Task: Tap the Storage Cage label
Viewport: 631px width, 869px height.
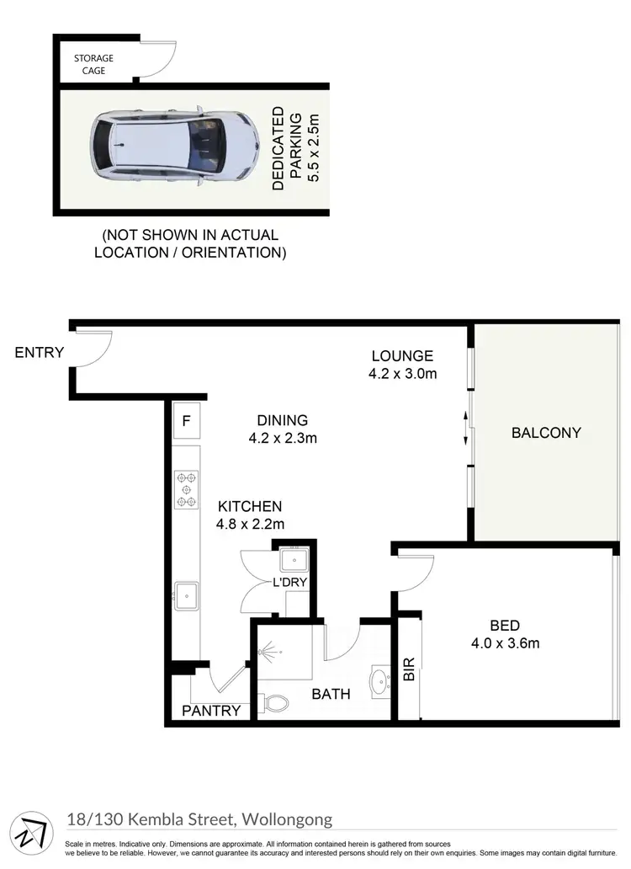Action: click(93, 64)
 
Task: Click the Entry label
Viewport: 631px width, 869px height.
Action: click(39, 353)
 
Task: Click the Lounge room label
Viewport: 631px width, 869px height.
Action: click(402, 365)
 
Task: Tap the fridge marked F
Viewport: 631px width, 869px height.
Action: click(186, 420)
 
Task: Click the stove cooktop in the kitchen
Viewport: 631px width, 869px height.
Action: click(186, 489)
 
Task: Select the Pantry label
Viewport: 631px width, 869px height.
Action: click(212, 711)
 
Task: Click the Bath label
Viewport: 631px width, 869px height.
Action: click(331, 694)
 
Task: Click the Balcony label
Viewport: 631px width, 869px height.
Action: click(546, 433)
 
